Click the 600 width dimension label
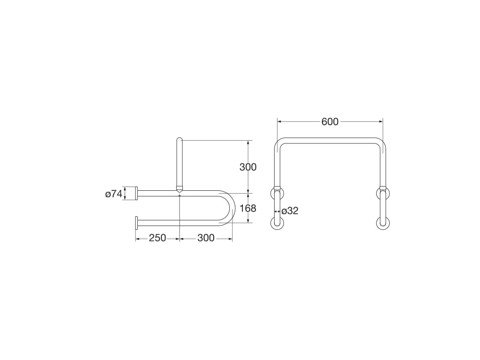coord(330,122)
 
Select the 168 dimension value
coord(247,209)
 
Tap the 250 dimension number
coord(157,238)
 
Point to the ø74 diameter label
coord(114,194)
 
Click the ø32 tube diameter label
coord(290,211)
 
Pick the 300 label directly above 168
coord(248,167)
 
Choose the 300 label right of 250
coord(206,238)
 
